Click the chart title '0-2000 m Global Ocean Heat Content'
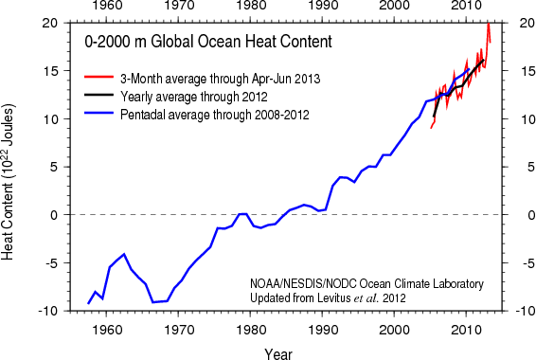click(208, 42)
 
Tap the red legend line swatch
click(98, 77)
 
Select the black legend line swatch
click(98, 95)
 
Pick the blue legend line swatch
click(98, 113)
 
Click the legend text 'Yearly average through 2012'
click(194, 97)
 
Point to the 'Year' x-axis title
click(278, 354)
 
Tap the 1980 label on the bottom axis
click(251, 330)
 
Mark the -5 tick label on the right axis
click(527, 263)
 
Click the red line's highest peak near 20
click(489, 24)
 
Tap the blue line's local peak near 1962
click(124, 254)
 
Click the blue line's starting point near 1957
click(88, 303)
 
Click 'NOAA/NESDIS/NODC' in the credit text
click(303, 284)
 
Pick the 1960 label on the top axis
click(107, 6)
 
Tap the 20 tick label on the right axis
click(527, 23)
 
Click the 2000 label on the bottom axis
click(395, 330)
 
